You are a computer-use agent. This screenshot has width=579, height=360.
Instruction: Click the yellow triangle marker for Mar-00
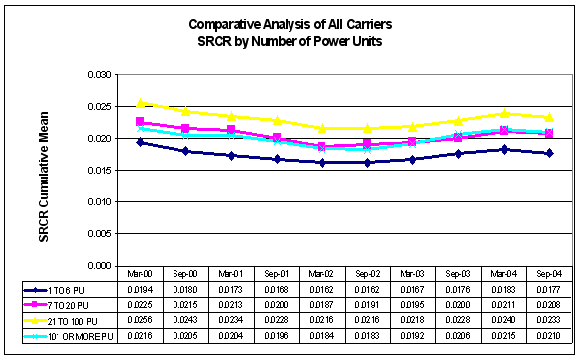141,103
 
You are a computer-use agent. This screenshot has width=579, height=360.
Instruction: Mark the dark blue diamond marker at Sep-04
550,153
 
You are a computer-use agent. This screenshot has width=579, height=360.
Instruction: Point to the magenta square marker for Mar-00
141,122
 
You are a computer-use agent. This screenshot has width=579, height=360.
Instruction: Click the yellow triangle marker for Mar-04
505,113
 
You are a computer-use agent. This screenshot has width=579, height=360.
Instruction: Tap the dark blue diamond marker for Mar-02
322,162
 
